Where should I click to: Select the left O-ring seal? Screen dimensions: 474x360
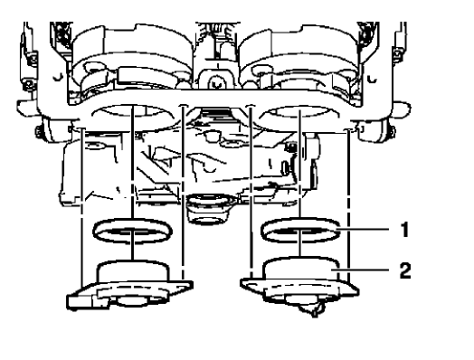(x=133, y=232)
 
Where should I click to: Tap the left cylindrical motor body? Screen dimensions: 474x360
(x=133, y=271)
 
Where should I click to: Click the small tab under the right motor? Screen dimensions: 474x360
(x=312, y=310)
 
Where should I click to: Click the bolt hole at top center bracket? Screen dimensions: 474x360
(x=214, y=82)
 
